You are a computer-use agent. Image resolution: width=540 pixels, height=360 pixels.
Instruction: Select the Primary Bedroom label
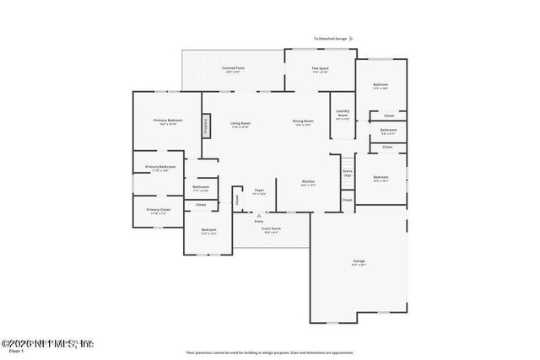[x=168, y=121]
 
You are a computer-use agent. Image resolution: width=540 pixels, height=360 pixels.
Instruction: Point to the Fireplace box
[x=205, y=125]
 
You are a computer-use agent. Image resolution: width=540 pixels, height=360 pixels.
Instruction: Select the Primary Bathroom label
[x=160, y=167]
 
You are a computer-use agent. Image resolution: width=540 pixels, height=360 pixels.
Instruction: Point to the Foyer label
[x=259, y=191]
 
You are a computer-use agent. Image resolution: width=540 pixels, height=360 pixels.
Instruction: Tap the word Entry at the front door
[x=259, y=221]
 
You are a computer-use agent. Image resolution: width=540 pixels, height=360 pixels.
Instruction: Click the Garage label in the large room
[x=359, y=261]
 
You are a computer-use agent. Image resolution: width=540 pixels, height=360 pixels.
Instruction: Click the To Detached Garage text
[x=329, y=39]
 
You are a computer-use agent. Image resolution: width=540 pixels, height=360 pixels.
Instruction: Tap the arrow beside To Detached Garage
[x=351, y=39]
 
